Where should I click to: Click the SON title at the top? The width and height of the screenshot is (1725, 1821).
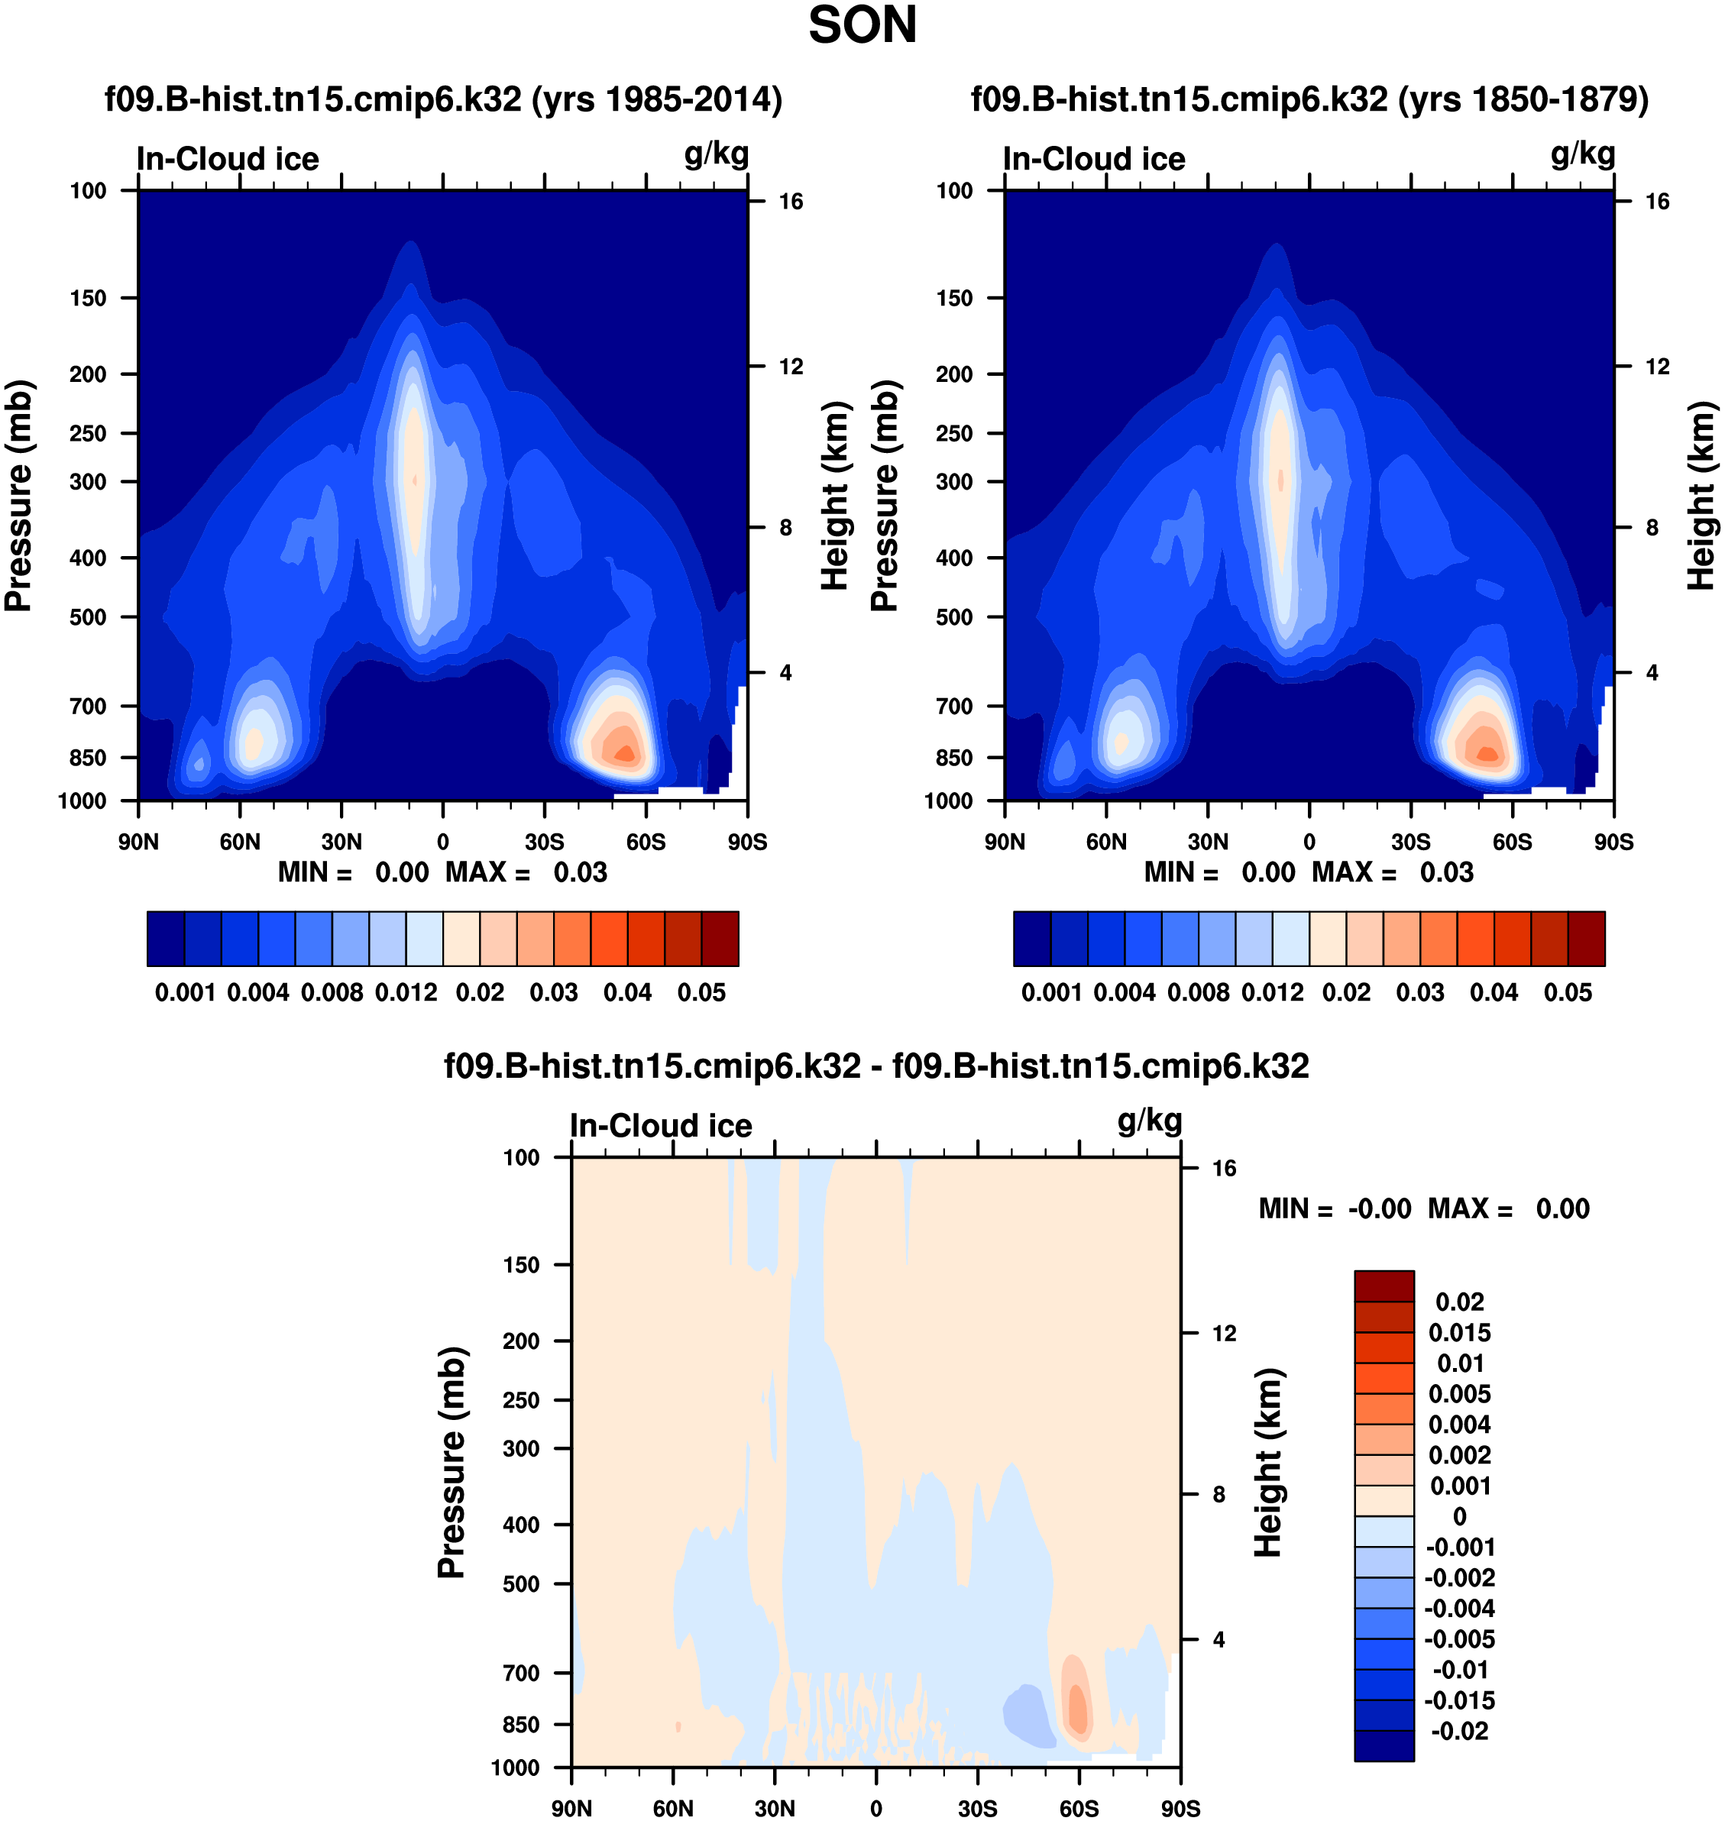[x=862, y=26]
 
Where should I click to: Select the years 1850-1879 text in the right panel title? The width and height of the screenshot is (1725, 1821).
[x=1523, y=99]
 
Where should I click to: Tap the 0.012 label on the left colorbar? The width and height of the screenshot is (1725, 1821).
[x=406, y=993]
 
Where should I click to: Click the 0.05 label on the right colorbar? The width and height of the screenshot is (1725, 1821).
[x=1568, y=993]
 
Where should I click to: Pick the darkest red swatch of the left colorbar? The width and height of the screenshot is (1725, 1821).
[x=720, y=939]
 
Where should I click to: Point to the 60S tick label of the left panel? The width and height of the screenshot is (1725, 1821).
[x=646, y=842]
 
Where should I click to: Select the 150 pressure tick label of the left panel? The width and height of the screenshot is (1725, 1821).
[x=89, y=298]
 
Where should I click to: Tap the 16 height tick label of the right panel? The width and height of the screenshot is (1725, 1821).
[x=1657, y=202]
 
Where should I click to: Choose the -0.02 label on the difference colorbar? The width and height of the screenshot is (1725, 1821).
[x=1459, y=1731]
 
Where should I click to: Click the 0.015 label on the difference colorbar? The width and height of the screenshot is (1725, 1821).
[x=1459, y=1332]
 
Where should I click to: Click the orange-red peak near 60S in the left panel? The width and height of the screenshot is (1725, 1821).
[x=625, y=754]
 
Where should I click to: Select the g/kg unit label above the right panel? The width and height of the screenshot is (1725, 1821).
[x=1582, y=154]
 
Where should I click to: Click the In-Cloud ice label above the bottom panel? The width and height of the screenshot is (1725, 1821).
[x=660, y=1126]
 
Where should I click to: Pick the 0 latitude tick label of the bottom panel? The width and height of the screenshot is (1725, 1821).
[x=875, y=1808]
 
